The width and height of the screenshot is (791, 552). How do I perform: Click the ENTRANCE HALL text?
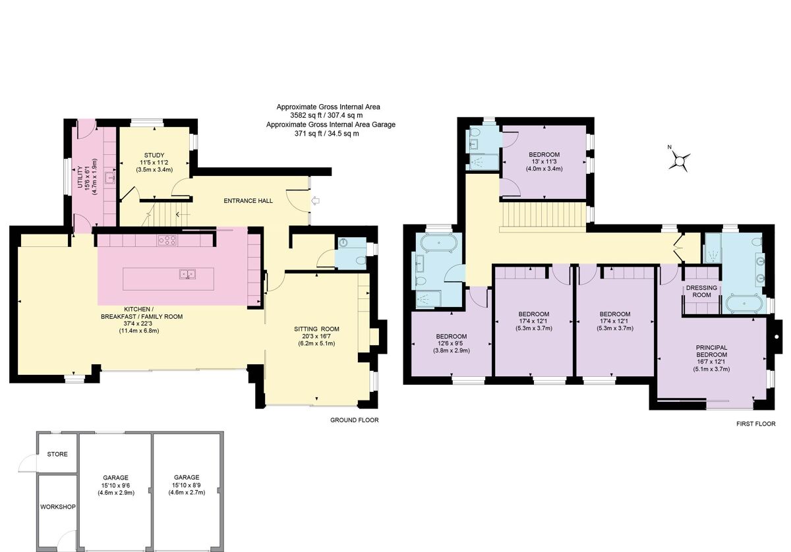[x=249, y=201]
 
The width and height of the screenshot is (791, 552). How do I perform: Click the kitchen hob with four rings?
[x=167, y=241]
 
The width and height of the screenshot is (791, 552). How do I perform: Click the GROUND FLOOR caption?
[x=355, y=420]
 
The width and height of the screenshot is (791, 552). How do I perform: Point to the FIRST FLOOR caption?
[x=755, y=424]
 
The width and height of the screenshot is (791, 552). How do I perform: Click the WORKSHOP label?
[x=58, y=507]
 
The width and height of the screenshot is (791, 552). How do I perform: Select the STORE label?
[x=57, y=454]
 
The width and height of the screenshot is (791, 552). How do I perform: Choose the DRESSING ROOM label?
[x=701, y=292]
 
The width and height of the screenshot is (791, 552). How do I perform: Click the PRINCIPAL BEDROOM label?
[x=711, y=351]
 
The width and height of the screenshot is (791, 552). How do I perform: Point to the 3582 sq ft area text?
[x=328, y=115]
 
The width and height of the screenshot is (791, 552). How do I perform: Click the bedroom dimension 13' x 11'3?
[x=543, y=162]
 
